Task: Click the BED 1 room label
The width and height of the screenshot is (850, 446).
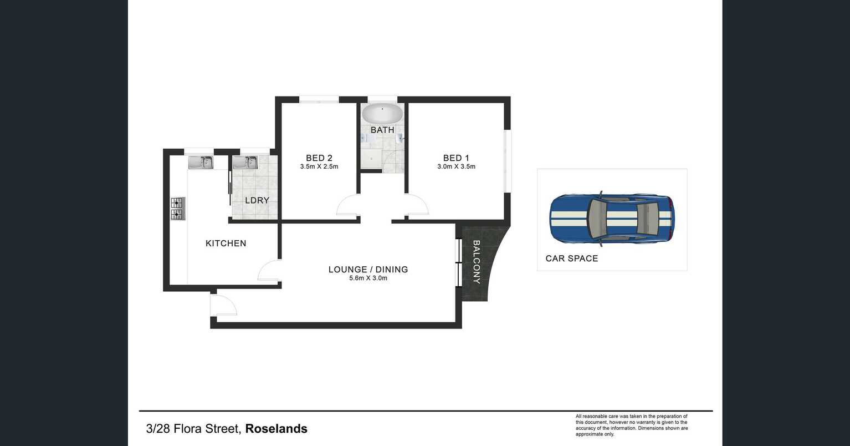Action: coord(456,158)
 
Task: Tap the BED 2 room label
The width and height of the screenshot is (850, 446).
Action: coord(319,158)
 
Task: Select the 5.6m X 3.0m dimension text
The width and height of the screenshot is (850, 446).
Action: coord(368,278)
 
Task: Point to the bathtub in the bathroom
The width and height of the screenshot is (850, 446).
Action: coord(382,114)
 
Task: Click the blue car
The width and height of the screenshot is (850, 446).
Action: coord(612,219)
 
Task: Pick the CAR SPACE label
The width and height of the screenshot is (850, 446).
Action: coord(571,259)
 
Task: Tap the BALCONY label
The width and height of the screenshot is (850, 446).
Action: coord(476,262)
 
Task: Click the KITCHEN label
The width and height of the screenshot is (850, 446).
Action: coord(226,243)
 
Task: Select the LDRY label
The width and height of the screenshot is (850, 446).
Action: coord(257,200)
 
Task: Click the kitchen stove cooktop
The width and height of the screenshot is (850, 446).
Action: coord(177,209)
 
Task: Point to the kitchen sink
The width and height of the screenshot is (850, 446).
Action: coord(201,162)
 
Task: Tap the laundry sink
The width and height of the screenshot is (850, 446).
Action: coord(244,162)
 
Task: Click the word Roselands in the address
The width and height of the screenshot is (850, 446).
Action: coord(276,429)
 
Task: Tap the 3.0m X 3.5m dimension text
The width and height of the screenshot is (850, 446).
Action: coord(456,166)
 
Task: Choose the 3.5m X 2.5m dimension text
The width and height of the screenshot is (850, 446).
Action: coord(319,166)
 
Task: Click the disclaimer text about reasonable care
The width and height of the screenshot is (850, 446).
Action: coord(632,425)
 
